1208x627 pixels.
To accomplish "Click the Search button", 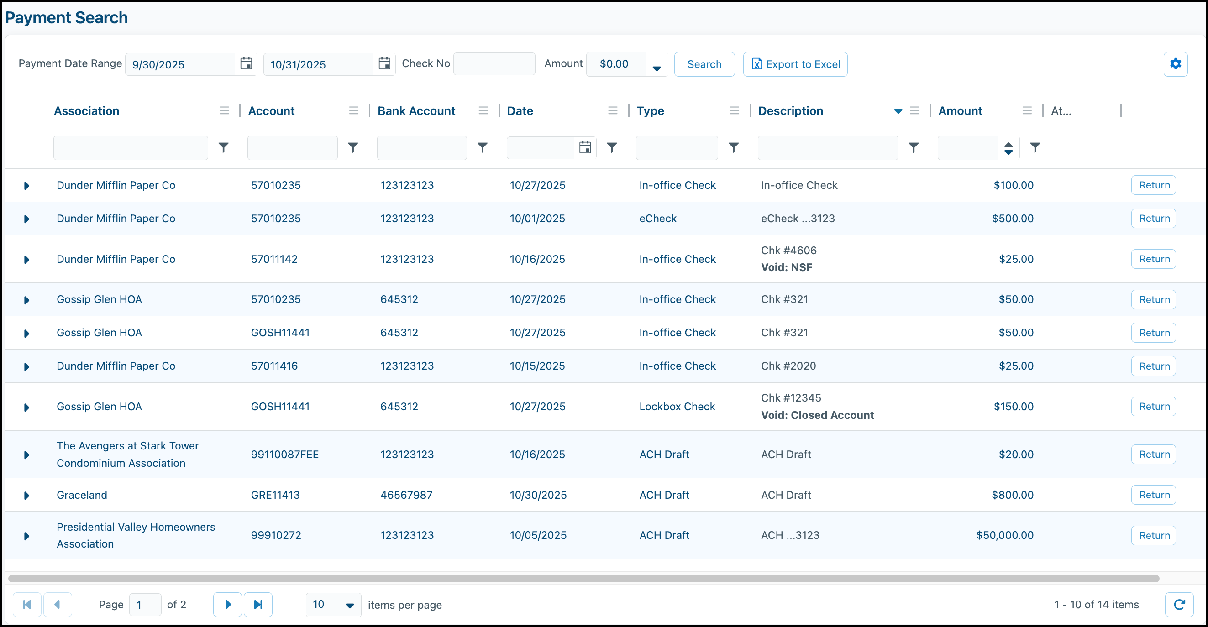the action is coord(704,64).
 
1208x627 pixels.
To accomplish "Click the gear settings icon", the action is coord(1175,64).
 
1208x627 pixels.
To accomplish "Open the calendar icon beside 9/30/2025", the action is coord(246,64).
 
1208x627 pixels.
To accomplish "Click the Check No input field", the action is coord(494,64).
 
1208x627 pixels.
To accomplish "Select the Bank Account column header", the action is coord(416,110).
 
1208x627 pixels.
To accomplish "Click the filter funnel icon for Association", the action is coord(224,147).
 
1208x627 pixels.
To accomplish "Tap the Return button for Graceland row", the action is coord(1154,495).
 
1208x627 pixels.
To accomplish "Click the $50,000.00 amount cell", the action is coord(1004,535).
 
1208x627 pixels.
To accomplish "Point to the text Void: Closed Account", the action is coord(817,415).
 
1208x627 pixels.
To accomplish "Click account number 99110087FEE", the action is coord(284,454).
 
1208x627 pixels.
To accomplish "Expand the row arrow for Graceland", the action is coord(27,495).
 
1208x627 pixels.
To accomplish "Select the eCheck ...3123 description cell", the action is coord(798,219).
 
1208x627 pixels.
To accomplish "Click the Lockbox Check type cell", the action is coord(677,406).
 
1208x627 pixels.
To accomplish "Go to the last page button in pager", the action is coord(258,605).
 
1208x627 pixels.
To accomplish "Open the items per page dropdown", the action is coord(333,605).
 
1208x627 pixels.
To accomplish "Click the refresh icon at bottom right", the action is coord(1179,605).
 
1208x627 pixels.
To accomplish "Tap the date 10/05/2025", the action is coord(538,535).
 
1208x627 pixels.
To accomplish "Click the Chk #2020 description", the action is coord(788,366).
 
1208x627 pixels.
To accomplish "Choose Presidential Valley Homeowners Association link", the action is coord(136,535).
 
